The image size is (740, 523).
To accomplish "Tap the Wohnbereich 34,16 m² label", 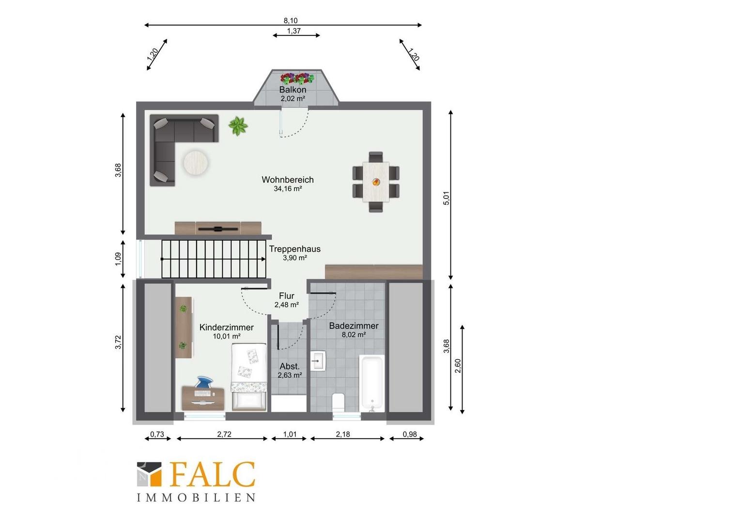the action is coord(288,184).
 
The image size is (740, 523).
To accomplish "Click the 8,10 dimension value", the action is coord(291,20).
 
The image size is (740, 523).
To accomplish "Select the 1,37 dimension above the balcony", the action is coord(293,31).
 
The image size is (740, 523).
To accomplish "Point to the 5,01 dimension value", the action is coord(447,198).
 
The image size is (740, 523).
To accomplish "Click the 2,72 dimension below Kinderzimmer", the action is coord(224,434).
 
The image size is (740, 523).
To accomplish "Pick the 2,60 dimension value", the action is coord(458,366).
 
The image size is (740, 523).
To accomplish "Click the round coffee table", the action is coord(196,163).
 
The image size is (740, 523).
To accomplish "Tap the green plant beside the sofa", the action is coord(238,126).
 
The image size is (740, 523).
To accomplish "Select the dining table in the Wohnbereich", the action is coord(376,182).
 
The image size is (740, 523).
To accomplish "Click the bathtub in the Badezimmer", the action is coord(372,383).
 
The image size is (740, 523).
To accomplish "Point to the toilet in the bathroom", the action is coord(338,403).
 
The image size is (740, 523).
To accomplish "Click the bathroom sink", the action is coord(318,361).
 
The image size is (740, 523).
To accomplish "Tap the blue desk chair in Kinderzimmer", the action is coord(203,382).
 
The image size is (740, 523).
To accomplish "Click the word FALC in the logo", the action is coord(213,474).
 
